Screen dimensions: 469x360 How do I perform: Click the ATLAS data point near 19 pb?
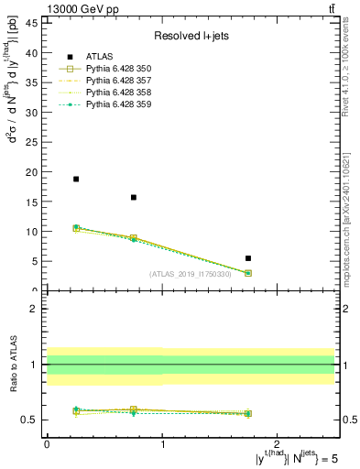[x=76, y=179]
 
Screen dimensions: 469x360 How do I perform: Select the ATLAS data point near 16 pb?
[x=134, y=197]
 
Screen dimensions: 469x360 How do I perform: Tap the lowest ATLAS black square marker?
[x=248, y=258]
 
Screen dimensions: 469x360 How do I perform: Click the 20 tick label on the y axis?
[x=35, y=171]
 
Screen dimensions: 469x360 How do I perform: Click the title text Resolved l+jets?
[x=191, y=37]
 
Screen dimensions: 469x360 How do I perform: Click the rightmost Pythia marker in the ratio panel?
[x=248, y=413]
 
